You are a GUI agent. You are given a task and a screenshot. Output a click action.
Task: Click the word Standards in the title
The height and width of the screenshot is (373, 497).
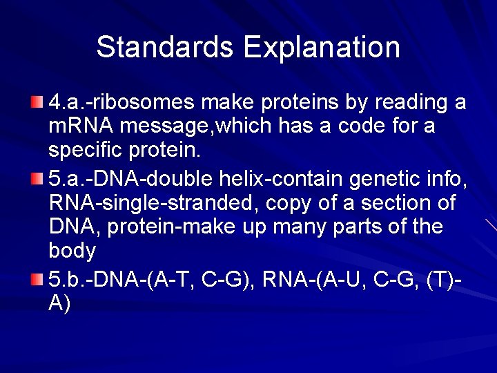point(165,47)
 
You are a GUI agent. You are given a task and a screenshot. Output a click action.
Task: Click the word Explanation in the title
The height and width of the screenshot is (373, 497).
point(321,47)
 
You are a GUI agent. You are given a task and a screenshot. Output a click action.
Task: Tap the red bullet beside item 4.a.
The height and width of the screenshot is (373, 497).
point(37,103)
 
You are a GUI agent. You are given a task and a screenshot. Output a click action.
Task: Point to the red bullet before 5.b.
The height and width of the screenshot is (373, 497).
point(37,279)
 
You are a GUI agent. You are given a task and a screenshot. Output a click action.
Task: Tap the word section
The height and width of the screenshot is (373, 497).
point(391,203)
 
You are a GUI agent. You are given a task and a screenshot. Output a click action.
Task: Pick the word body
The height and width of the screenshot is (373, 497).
point(72,250)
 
